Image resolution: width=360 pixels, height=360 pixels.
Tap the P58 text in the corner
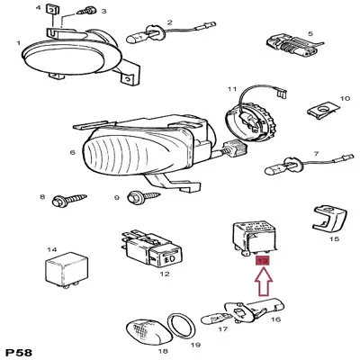[x=21, y=350]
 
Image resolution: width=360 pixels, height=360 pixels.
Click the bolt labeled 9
[x=143, y=196]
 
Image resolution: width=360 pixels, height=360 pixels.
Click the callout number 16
[x=275, y=318]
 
